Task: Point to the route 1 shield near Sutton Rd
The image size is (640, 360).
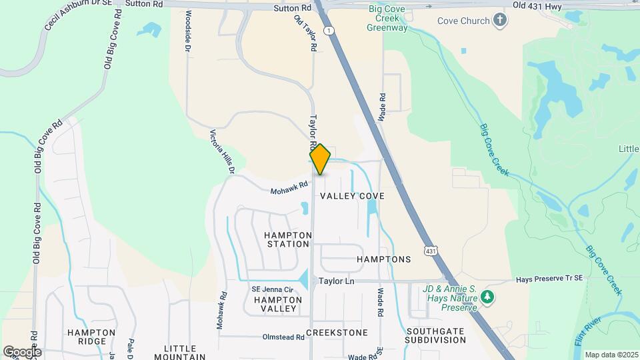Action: (x=328, y=31)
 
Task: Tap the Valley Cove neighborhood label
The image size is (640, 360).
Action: (x=352, y=196)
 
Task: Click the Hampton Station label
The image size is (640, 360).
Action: (x=288, y=239)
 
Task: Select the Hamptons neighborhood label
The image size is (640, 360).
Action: (x=383, y=259)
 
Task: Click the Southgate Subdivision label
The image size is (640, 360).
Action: (x=436, y=335)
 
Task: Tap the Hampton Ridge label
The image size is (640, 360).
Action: (x=86, y=337)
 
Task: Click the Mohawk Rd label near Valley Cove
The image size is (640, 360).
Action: (x=289, y=189)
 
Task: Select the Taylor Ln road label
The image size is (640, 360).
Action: (x=336, y=281)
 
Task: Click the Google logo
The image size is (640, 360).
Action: (x=22, y=351)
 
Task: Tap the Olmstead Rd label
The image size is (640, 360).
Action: (x=283, y=337)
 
